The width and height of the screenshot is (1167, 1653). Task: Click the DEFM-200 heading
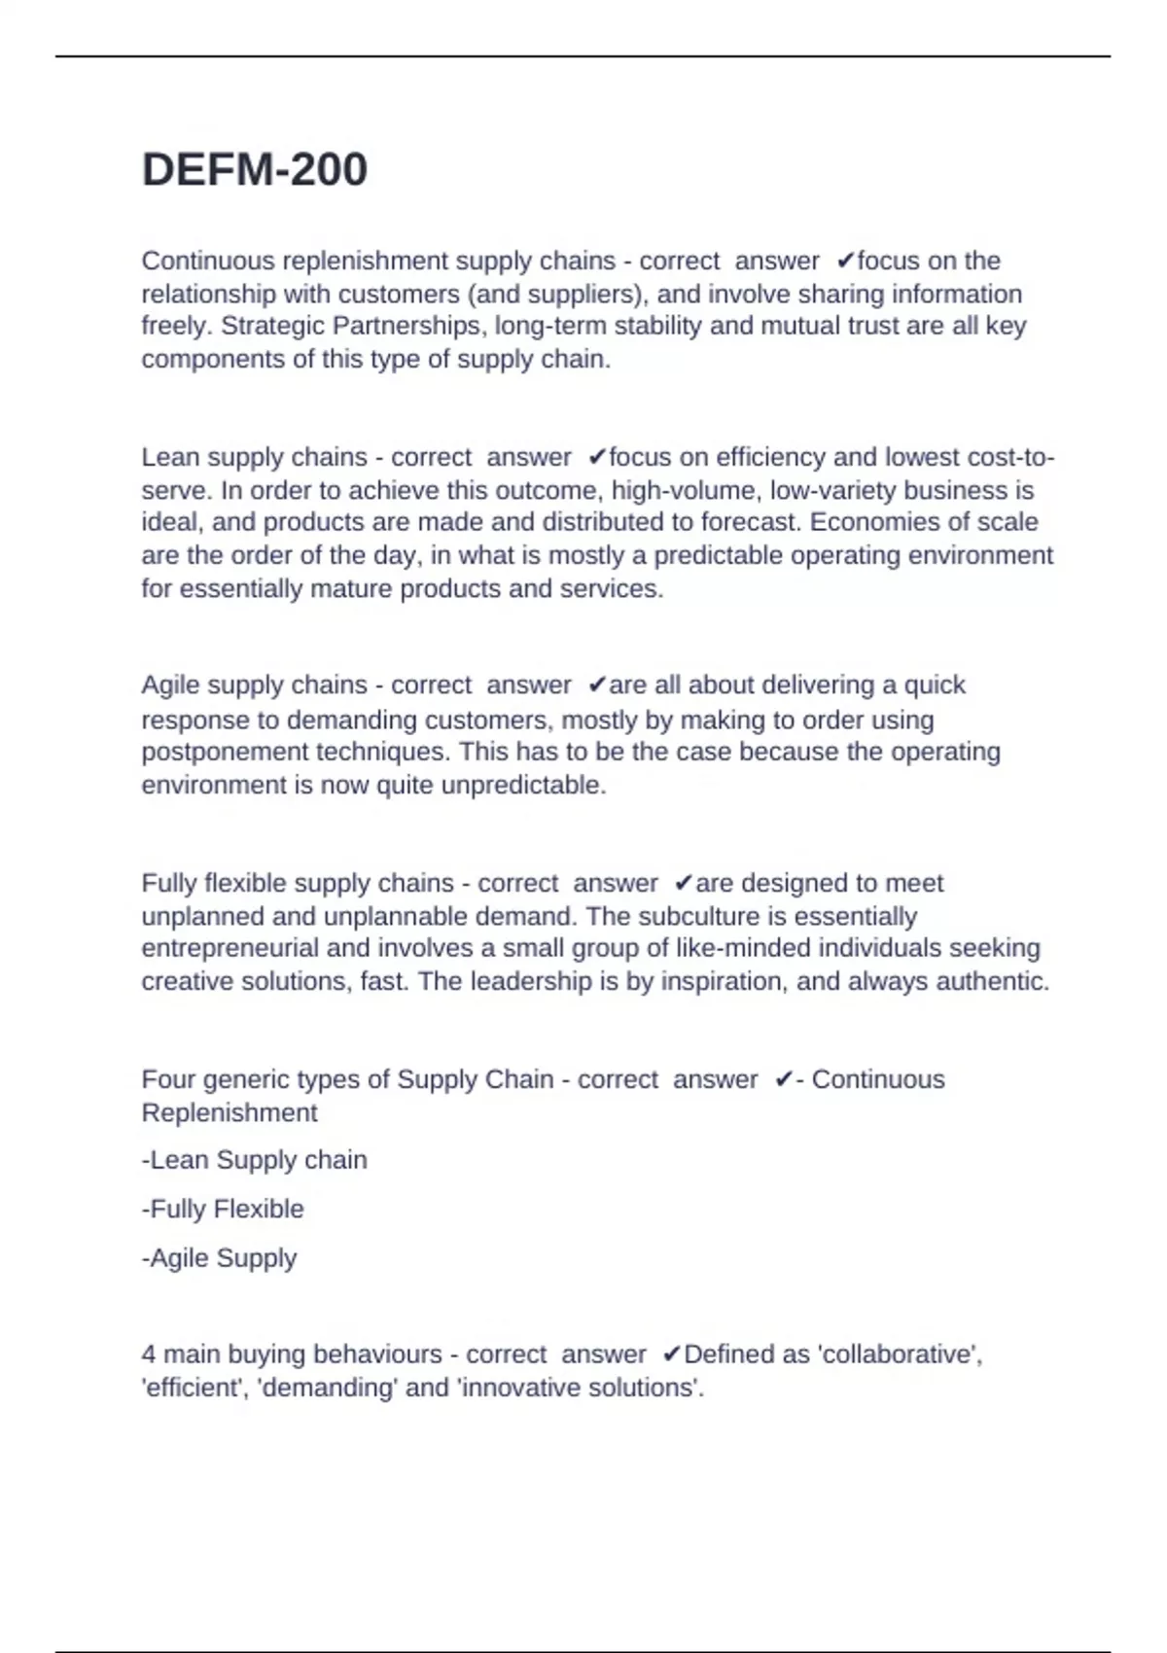pos(255,170)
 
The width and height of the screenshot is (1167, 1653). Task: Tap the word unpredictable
pos(523,785)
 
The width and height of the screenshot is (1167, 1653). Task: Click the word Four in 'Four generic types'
pos(168,1079)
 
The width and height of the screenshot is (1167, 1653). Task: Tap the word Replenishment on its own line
pos(230,1112)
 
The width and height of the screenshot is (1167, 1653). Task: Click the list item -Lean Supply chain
pos(255,1160)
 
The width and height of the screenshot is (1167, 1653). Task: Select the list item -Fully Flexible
pos(223,1209)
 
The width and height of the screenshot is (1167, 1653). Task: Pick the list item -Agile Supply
pos(219,1257)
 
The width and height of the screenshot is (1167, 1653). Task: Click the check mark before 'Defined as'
pos(671,1354)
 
